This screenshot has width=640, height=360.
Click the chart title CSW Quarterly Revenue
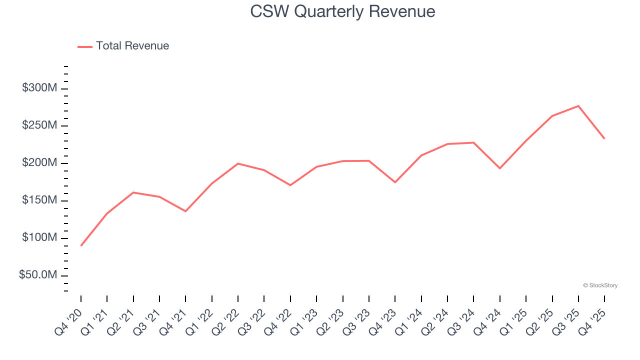click(342, 11)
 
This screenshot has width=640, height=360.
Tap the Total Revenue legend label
click(132, 46)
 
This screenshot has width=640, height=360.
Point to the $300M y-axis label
click(39, 88)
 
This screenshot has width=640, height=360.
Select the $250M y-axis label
click(39, 125)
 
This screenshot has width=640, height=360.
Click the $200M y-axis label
click(39, 163)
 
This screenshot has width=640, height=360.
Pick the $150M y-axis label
click(39, 200)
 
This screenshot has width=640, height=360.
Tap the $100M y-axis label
click(39, 237)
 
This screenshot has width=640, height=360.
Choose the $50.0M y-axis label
click(38, 275)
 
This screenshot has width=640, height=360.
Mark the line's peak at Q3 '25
click(578, 106)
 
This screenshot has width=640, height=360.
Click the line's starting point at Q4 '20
click(81, 245)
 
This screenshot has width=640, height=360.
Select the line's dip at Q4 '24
click(500, 168)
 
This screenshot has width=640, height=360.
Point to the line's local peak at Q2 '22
click(238, 163)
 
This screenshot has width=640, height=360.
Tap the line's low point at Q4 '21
click(185, 211)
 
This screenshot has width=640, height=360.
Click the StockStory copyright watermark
click(600, 285)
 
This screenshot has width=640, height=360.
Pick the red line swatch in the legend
click(85, 46)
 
